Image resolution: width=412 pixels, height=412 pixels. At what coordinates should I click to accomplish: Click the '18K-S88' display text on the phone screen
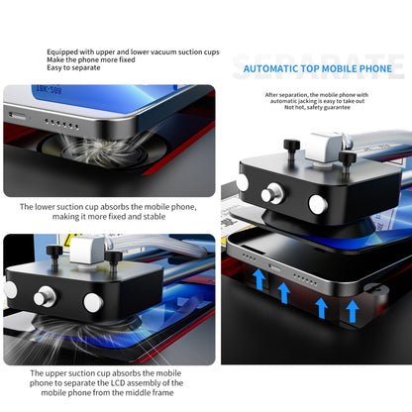pyautogui.click(x=49, y=89)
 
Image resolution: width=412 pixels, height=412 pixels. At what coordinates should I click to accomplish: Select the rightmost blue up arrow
pyautogui.click(x=353, y=312)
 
